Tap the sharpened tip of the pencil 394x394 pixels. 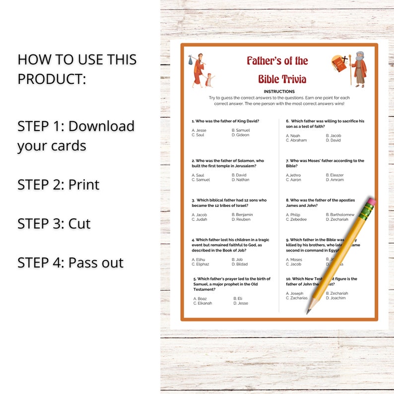pyautogui.click(x=308, y=313)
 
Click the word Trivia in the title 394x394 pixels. pyautogui.click(x=294, y=79)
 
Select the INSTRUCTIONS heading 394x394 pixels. pyautogui.click(x=279, y=91)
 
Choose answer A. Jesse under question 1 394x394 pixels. pyautogui.click(x=199, y=130)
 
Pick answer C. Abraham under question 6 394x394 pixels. pyautogui.click(x=296, y=140)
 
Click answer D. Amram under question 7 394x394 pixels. pyautogui.click(x=335, y=180)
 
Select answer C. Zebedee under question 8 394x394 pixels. pyautogui.click(x=296, y=219)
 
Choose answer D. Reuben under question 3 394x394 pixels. pyautogui.click(x=241, y=219)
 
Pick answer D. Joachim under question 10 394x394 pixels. pyautogui.click(x=336, y=298)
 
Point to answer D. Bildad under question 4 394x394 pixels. pyautogui.click(x=240, y=264)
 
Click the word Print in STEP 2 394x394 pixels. pyautogui.click(x=84, y=185)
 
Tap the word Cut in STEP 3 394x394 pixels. pyautogui.click(x=79, y=223)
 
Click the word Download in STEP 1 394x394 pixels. pyautogui.click(x=101, y=126)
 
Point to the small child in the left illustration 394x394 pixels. pyautogui.click(x=209, y=79)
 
